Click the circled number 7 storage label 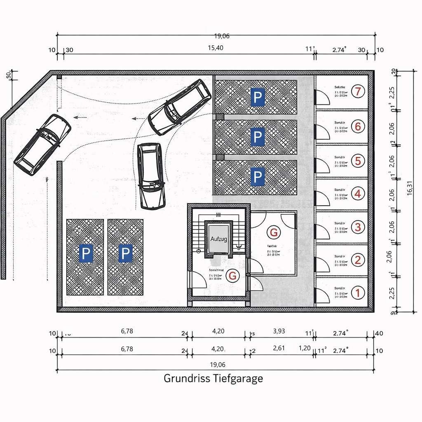pos(358,91)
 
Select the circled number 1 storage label pos(358,293)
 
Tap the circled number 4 pos(358,193)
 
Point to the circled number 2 pos(358,260)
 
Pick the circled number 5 pos(358,160)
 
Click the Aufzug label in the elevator pos(219,239)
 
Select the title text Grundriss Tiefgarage pos(213,378)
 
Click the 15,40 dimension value pos(215,48)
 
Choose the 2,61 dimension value pos(279,348)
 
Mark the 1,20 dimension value pos(305,348)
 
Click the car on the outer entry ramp pos(42,144)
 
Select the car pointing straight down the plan pos(151,176)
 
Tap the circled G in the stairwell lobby pos(232,276)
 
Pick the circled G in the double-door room pos(274,232)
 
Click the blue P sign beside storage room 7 pos(257,98)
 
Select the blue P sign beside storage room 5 pos(257,177)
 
